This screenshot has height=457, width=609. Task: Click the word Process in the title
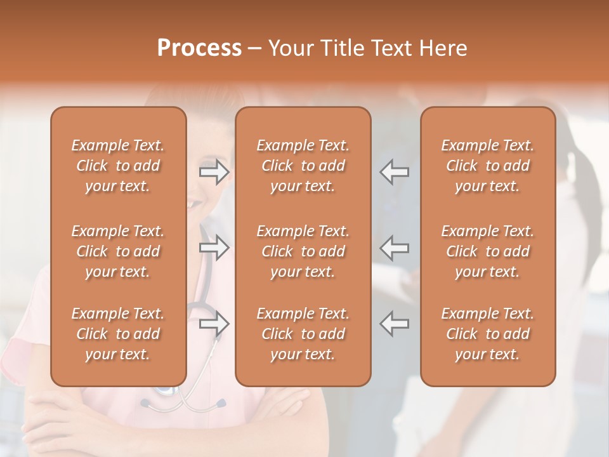[x=199, y=48]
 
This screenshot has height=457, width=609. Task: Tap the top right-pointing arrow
[x=214, y=172]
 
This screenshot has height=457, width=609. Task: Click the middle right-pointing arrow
[x=214, y=248]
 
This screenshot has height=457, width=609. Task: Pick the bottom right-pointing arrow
[x=214, y=324]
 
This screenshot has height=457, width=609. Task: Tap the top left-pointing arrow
[x=394, y=172]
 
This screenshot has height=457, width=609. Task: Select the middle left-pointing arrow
[x=394, y=248]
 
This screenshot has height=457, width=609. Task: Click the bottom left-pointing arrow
[x=394, y=324]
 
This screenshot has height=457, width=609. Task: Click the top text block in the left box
[x=118, y=166]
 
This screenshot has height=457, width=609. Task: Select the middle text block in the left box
[x=118, y=251]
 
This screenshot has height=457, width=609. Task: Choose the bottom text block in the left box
[x=118, y=334]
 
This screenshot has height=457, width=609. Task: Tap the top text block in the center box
[x=303, y=166]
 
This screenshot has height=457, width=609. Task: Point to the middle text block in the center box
[x=303, y=251]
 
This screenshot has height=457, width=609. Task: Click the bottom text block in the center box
[x=303, y=334]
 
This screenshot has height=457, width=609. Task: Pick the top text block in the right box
[x=487, y=166]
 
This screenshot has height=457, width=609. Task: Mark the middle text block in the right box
[x=487, y=251]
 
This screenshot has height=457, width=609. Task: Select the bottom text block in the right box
[x=487, y=334]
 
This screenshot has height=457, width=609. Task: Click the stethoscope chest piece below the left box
[x=166, y=392]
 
